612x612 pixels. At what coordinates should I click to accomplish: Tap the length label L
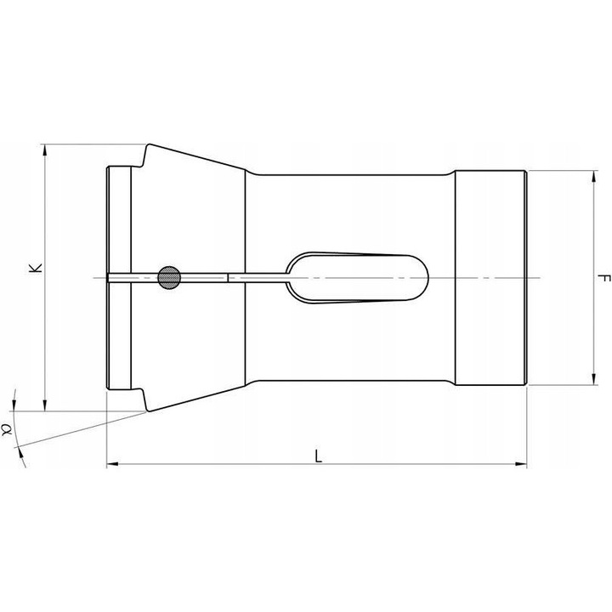318,456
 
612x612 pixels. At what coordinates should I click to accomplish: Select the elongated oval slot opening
357,276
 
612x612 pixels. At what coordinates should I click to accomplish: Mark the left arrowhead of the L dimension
111,465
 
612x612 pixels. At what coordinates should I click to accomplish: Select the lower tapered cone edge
200,396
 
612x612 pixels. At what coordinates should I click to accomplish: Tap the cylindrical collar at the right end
490,278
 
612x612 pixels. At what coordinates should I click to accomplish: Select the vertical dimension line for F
591,238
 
